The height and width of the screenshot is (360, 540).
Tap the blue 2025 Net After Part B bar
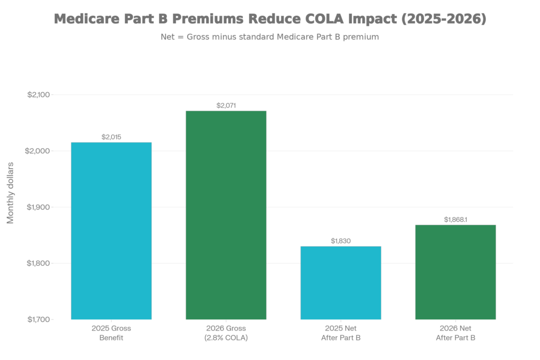pyautogui.click(x=341, y=283)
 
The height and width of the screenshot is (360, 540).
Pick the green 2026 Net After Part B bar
pyautogui.click(x=456, y=272)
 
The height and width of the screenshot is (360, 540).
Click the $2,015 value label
pyautogui.click(x=111, y=137)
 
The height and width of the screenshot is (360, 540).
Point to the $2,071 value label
pyautogui.click(x=226, y=105)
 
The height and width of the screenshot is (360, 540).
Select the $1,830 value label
pyautogui.click(x=341, y=241)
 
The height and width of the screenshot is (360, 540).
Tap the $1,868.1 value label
pyautogui.click(x=456, y=219)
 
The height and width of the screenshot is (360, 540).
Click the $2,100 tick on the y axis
pyautogui.click(x=38, y=95)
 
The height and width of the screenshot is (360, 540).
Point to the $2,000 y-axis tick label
pyautogui.click(x=38, y=151)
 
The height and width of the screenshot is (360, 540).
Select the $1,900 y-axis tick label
pyautogui.click(x=38, y=207)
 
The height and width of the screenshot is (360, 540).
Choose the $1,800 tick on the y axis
pyautogui.click(x=38, y=263)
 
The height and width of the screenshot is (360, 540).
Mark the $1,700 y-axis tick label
pyautogui.click(x=38, y=319)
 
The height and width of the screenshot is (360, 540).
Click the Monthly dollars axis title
pyautogui.click(x=10, y=192)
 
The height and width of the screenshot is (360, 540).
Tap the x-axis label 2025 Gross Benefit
pyautogui.click(x=111, y=333)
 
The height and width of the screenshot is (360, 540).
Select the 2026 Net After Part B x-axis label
pyautogui.click(x=456, y=333)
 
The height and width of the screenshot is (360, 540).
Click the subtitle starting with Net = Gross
pyautogui.click(x=269, y=37)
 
